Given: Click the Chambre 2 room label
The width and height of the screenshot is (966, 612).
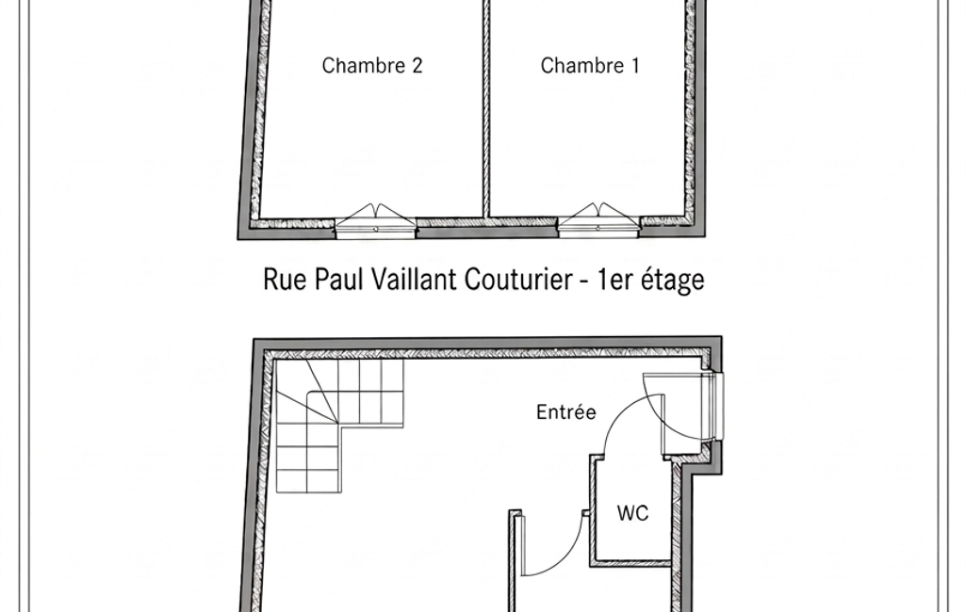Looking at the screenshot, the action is [372, 65].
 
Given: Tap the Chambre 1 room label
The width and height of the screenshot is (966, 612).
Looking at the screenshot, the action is [590, 65].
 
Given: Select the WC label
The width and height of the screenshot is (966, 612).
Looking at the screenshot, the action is [632, 513].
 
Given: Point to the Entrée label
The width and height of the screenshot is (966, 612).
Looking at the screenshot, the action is [566, 411].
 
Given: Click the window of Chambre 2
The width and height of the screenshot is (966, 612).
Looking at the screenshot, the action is [376, 222].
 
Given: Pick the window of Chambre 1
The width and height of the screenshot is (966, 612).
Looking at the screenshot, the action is [598, 221].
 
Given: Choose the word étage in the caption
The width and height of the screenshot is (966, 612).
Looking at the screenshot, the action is [673, 281].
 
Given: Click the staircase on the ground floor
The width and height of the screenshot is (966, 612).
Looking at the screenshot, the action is [339, 426].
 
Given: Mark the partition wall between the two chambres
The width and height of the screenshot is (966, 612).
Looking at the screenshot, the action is [485, 108].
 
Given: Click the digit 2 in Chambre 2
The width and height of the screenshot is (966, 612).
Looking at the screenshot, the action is [418, 65].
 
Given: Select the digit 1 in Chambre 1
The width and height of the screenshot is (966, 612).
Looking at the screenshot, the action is [635, 65].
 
